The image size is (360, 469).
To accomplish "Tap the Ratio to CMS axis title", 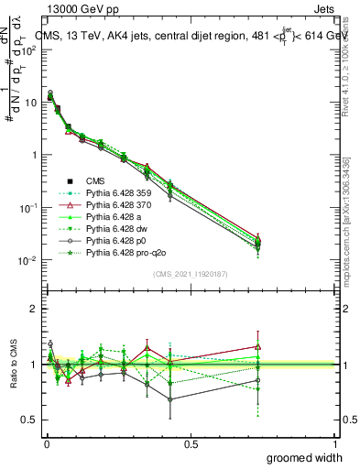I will (12, 364).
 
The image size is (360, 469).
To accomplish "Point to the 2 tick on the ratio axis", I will (33, 309).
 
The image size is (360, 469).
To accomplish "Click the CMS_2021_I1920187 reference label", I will (191, 273).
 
